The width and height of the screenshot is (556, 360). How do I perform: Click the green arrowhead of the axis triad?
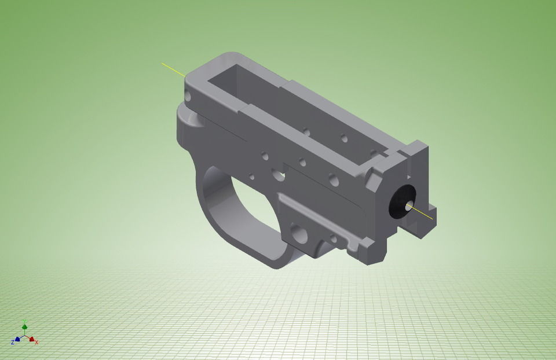(x=25, y=328)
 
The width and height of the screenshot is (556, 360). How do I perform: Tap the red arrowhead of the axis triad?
(x=32, y=340)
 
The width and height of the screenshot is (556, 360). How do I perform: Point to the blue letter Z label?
(x=13, y=341)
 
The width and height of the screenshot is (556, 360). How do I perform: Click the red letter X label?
(x=37, y=342)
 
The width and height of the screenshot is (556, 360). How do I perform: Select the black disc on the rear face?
(x=400, y=203)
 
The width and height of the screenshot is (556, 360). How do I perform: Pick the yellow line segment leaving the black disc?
(x=423, y=214)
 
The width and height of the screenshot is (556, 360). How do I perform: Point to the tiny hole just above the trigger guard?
(x=251, y=177)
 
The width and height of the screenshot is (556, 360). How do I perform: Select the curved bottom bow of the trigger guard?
(x=255, y=249)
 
